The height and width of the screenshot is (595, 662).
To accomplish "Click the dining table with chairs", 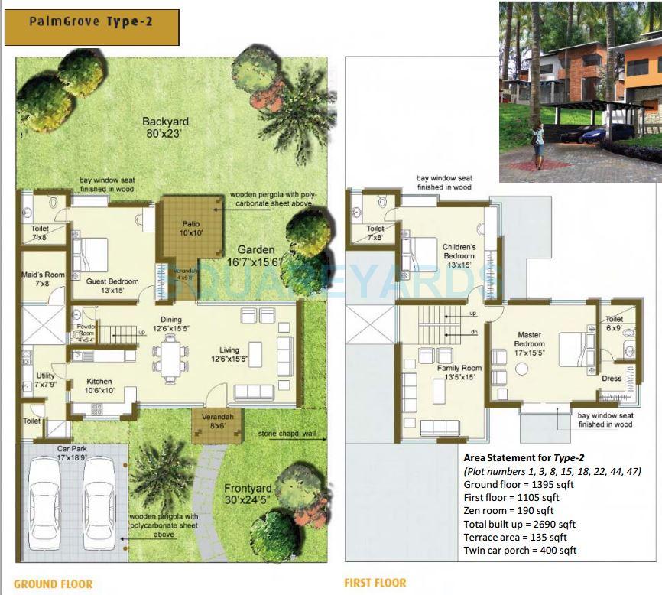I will pyautogui.click(x=169, y=358).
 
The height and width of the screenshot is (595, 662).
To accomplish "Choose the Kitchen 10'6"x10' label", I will pyautogui.click(x=99, y=386).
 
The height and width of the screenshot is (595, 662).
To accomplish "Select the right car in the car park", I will pyautogui.click(x=99, y=509).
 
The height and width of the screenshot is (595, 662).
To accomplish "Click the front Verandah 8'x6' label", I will pyautogui.click(x=217, y=421).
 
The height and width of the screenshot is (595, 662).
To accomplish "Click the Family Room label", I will pyautogui.click(x=459, y=372).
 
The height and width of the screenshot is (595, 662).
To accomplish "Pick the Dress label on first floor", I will pyautogui.click(x=612, y=379).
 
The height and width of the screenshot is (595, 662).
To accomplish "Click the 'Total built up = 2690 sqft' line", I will pyautogui.click(x=519, y=524).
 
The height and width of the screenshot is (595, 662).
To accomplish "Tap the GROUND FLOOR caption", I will pyautogui.click(x=54, y=584).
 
